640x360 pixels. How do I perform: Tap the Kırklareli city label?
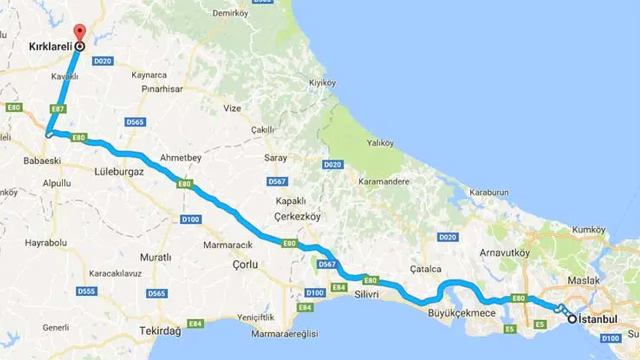[50, 46]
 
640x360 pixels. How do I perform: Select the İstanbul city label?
[597, 319]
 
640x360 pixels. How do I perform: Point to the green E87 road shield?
[58, 108]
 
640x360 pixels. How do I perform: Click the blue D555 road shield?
[87, 291]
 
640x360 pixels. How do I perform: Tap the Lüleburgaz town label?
[119, 171]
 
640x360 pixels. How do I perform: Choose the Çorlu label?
[245, 264]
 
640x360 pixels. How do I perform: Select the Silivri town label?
[366, 295]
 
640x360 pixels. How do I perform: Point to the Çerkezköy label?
[297, 216]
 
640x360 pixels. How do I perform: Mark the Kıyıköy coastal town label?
[322, 83]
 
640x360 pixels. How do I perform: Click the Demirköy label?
[230, 13]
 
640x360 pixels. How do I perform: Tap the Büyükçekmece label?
[461, 313]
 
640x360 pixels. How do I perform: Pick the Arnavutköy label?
[504, 253]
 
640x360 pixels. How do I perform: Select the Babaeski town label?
[42, 161]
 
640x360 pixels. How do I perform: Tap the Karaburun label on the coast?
[489, 192]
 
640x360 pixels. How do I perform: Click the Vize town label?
[232, 108]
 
